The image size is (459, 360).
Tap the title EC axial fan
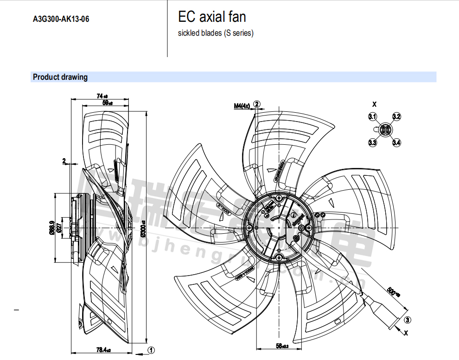pos(212,18)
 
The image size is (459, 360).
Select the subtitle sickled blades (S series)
pos(216,33)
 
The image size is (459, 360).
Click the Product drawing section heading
pos(60,77)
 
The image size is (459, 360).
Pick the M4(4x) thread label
pos(242,106)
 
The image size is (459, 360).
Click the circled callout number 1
pos(151,350)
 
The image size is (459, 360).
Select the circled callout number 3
pos(407,320)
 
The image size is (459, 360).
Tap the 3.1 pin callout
pos(373,116)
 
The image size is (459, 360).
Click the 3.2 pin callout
pos(396,116)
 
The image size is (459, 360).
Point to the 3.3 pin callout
pos(373,142)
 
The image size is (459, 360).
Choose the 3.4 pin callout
pos(396,142)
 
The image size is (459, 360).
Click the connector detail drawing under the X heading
pos(384,129)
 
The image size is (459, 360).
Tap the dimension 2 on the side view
pos(64,161)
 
